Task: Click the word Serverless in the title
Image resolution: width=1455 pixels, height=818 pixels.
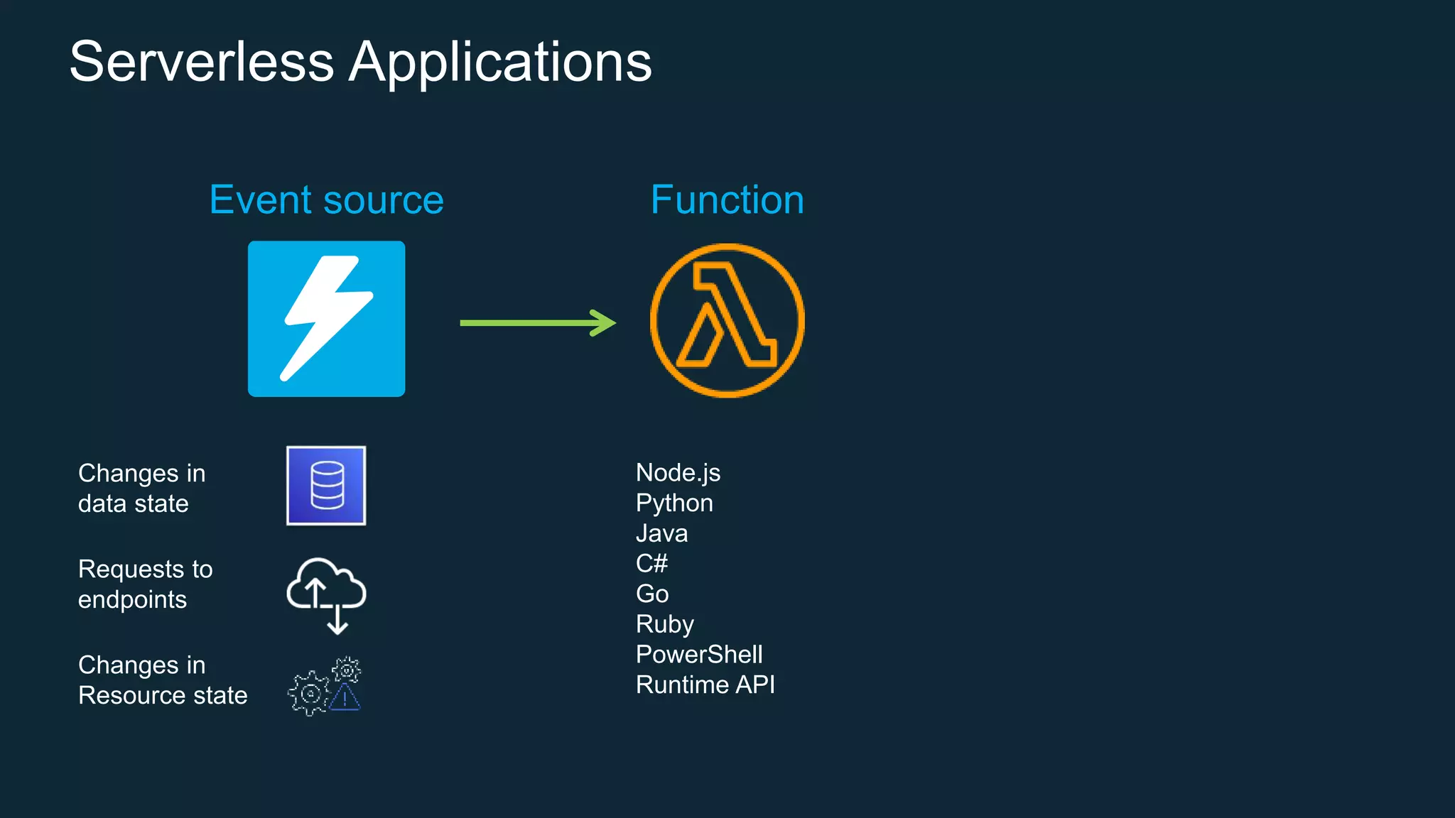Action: point(202,62)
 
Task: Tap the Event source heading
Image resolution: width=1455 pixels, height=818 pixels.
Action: point(326,200)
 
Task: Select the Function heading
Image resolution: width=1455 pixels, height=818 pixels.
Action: point(727,200)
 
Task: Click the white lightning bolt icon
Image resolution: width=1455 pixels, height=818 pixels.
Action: point(327,319)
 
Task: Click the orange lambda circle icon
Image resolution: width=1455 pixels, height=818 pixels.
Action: point(727,320)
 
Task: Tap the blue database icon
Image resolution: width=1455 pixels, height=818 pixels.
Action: point(326,486)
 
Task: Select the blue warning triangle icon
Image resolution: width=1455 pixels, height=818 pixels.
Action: point(345,698)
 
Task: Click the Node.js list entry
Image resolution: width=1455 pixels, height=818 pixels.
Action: point(678,473)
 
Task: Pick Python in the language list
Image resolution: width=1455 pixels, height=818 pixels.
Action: point(674,503)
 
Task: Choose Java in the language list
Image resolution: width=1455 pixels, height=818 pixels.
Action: point(661,533)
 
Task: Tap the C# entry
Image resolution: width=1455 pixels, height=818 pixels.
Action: point(651,564)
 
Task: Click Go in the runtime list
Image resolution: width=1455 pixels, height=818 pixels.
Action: point(652,594)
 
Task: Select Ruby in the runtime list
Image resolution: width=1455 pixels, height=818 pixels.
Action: point(664,624)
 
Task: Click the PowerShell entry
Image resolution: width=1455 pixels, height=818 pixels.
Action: point(699,655)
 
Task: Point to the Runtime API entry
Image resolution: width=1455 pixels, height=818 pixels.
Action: point(705,685)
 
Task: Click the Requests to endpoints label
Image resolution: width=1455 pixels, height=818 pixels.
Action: point(145,584)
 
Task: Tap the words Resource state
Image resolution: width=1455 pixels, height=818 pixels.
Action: point(163,696)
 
